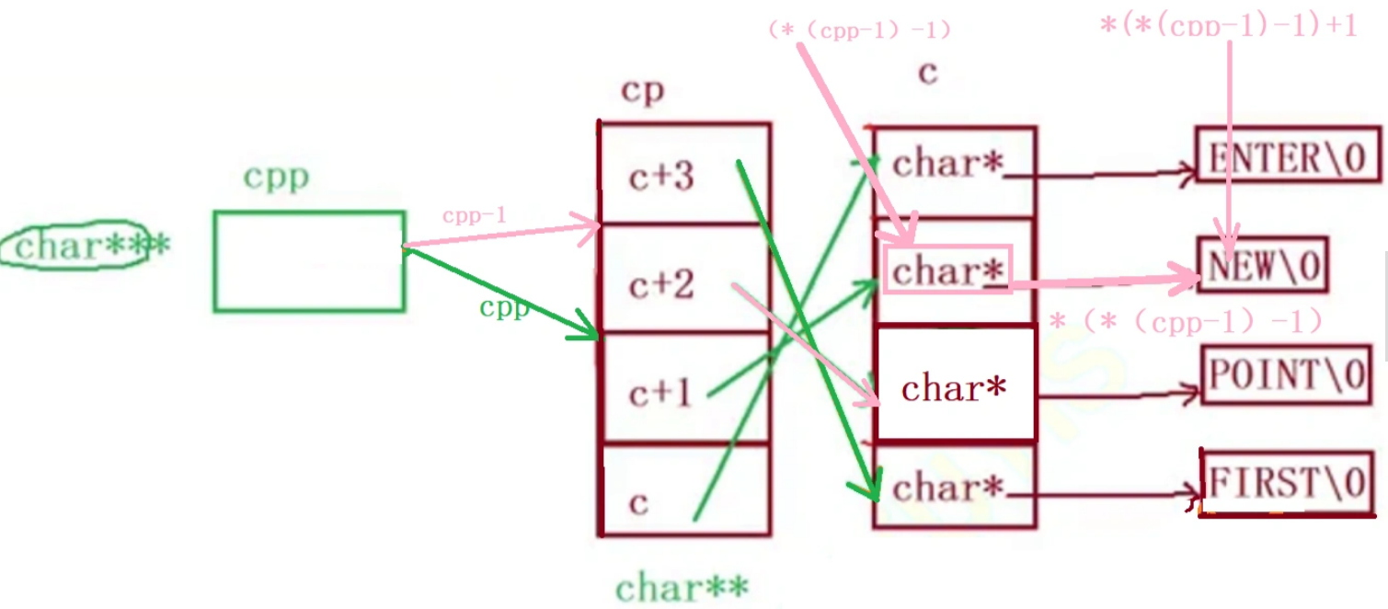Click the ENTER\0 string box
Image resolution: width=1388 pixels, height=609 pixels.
1289,157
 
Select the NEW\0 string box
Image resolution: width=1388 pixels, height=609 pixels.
1263,265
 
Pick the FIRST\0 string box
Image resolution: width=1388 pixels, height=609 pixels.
1286,483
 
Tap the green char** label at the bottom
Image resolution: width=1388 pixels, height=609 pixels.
682,586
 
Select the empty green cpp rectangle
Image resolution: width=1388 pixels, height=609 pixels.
309,261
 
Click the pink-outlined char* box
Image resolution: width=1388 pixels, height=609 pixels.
947,269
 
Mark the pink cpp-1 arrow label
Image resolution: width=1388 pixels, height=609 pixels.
474,216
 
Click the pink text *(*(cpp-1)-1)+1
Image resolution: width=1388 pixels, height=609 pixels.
1228,25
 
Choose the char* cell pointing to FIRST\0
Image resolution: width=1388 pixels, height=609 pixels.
955,486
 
